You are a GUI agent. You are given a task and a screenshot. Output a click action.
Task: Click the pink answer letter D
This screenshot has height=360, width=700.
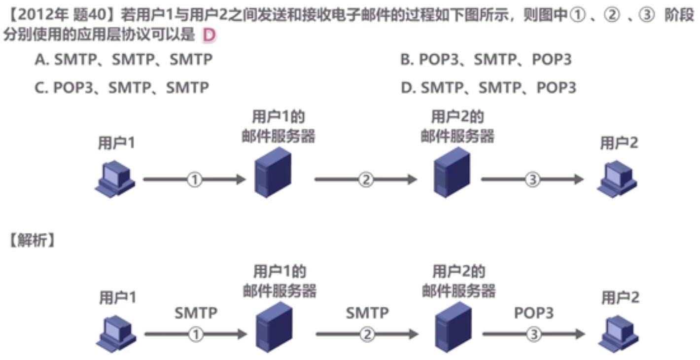point(209,36)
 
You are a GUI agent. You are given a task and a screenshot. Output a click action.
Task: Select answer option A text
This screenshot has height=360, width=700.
point(124,60)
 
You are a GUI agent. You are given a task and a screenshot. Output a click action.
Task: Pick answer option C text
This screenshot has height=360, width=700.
point(122,88)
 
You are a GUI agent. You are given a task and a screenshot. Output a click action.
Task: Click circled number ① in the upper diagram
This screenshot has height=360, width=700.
point(195,180)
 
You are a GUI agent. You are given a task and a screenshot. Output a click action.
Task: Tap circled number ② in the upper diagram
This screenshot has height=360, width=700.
point(366,180)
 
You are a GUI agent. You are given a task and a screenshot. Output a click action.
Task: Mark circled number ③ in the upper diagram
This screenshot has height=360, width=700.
point(532,180)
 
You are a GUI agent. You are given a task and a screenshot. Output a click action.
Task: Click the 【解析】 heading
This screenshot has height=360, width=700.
point(31,241)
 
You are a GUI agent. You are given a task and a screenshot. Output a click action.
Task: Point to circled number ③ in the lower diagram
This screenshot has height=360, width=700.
point(533,334)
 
